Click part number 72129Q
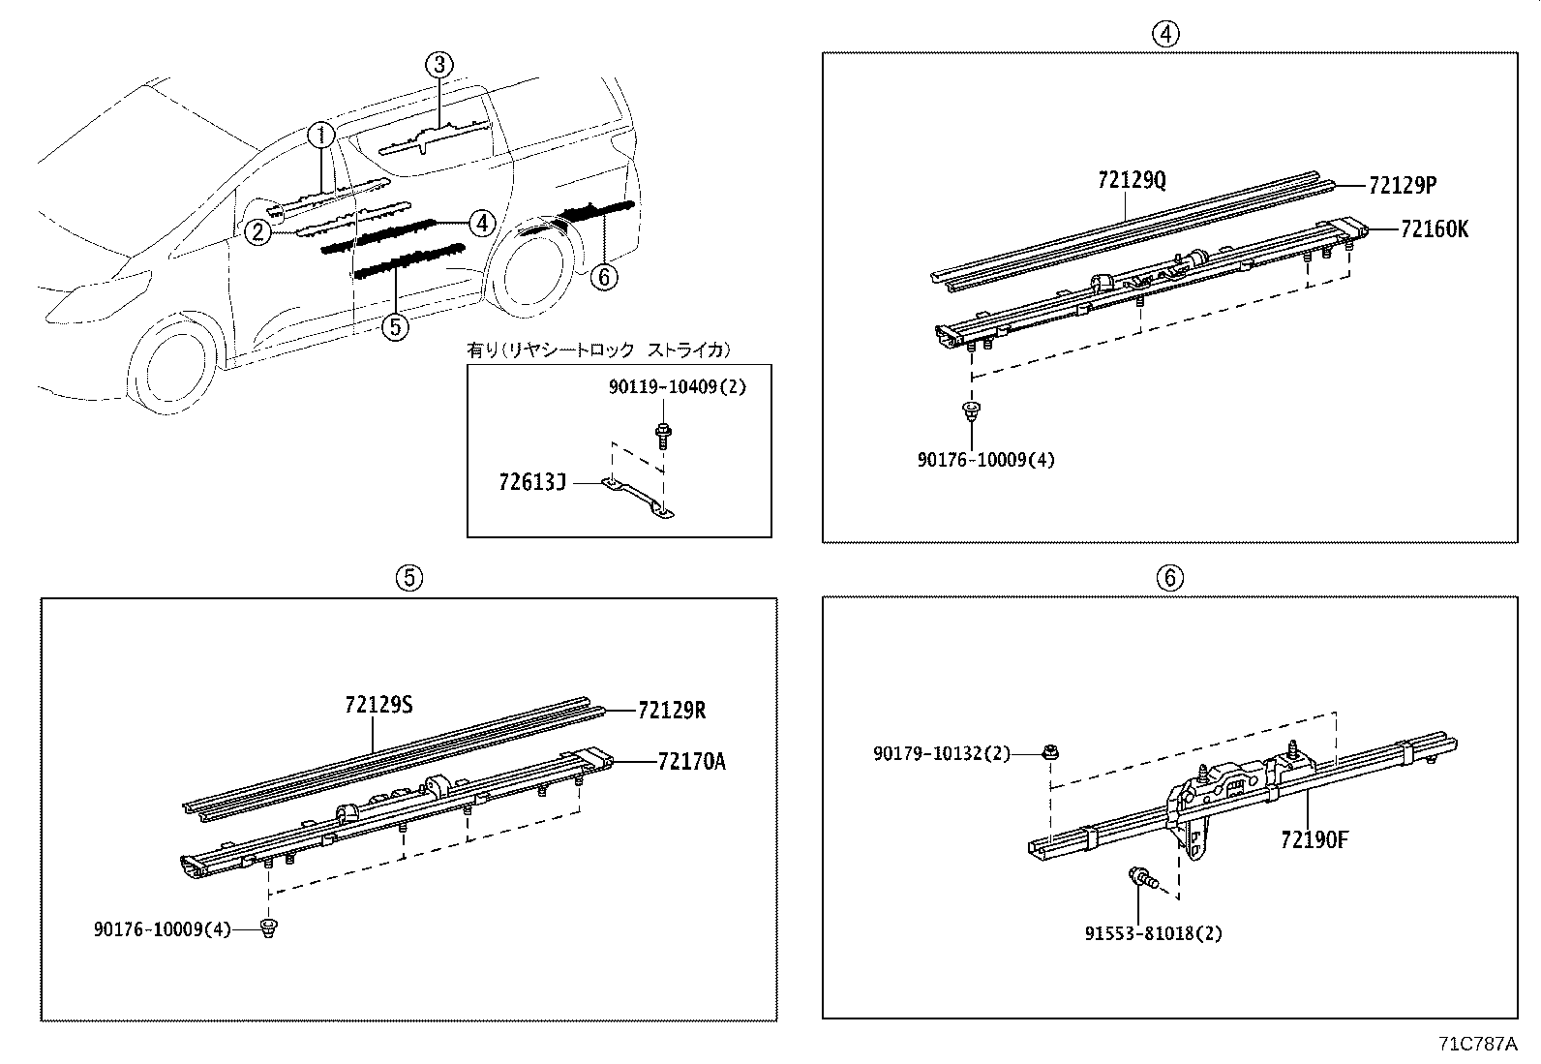(x=1132, y=180)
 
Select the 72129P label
(x=1403, y=184)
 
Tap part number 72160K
(x=1434, y=229)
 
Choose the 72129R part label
(x=671, y=711)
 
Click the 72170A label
(x=690, y=761)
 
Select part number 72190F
(x=1314, y=839)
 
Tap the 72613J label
(x=532, y=481)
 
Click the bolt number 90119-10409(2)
(x=678, y=386)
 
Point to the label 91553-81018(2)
(x=1153, y=933)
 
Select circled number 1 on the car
(x=322, y=135)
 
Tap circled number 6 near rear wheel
(x=603, y=277)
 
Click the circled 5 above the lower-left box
(x=408, y=578)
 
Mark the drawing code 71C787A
(x=1476, y=1045)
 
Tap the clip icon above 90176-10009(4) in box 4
(x=969, y=411)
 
